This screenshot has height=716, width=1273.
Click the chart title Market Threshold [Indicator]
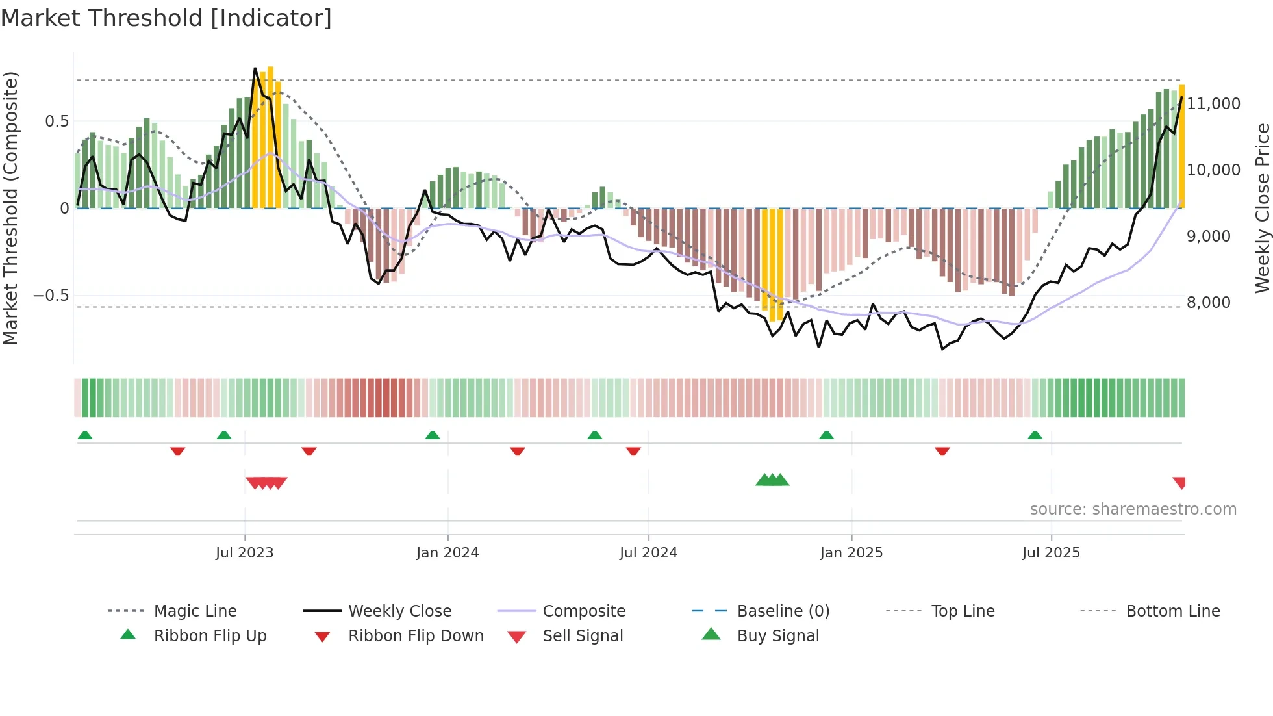(x=166, y=18)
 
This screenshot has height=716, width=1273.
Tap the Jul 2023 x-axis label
(x=244, y=553)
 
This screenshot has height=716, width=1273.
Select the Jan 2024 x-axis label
(x=447, y=553)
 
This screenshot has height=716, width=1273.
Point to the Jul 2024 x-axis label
(x=648, y=553)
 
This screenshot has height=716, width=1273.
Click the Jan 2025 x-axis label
(x=851, y=553)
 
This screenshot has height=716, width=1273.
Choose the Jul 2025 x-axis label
(x=1051, y=553)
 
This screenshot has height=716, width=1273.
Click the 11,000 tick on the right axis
(x=1213, y=104)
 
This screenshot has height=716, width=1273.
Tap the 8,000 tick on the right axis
(x=1208, y=303)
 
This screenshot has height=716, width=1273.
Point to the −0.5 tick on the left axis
(x=51, y=296)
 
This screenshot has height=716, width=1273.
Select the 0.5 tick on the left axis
(x=57, y=121)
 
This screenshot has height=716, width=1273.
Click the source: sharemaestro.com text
(x=1133, y=509)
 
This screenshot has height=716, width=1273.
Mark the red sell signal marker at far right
(x=1179, y=482)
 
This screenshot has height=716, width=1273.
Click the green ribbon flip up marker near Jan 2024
(x=433, y=435)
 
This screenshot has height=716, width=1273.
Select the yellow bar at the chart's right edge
(x=1182, y=146)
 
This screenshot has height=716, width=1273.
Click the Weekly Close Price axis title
(x=1262, y=208)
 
